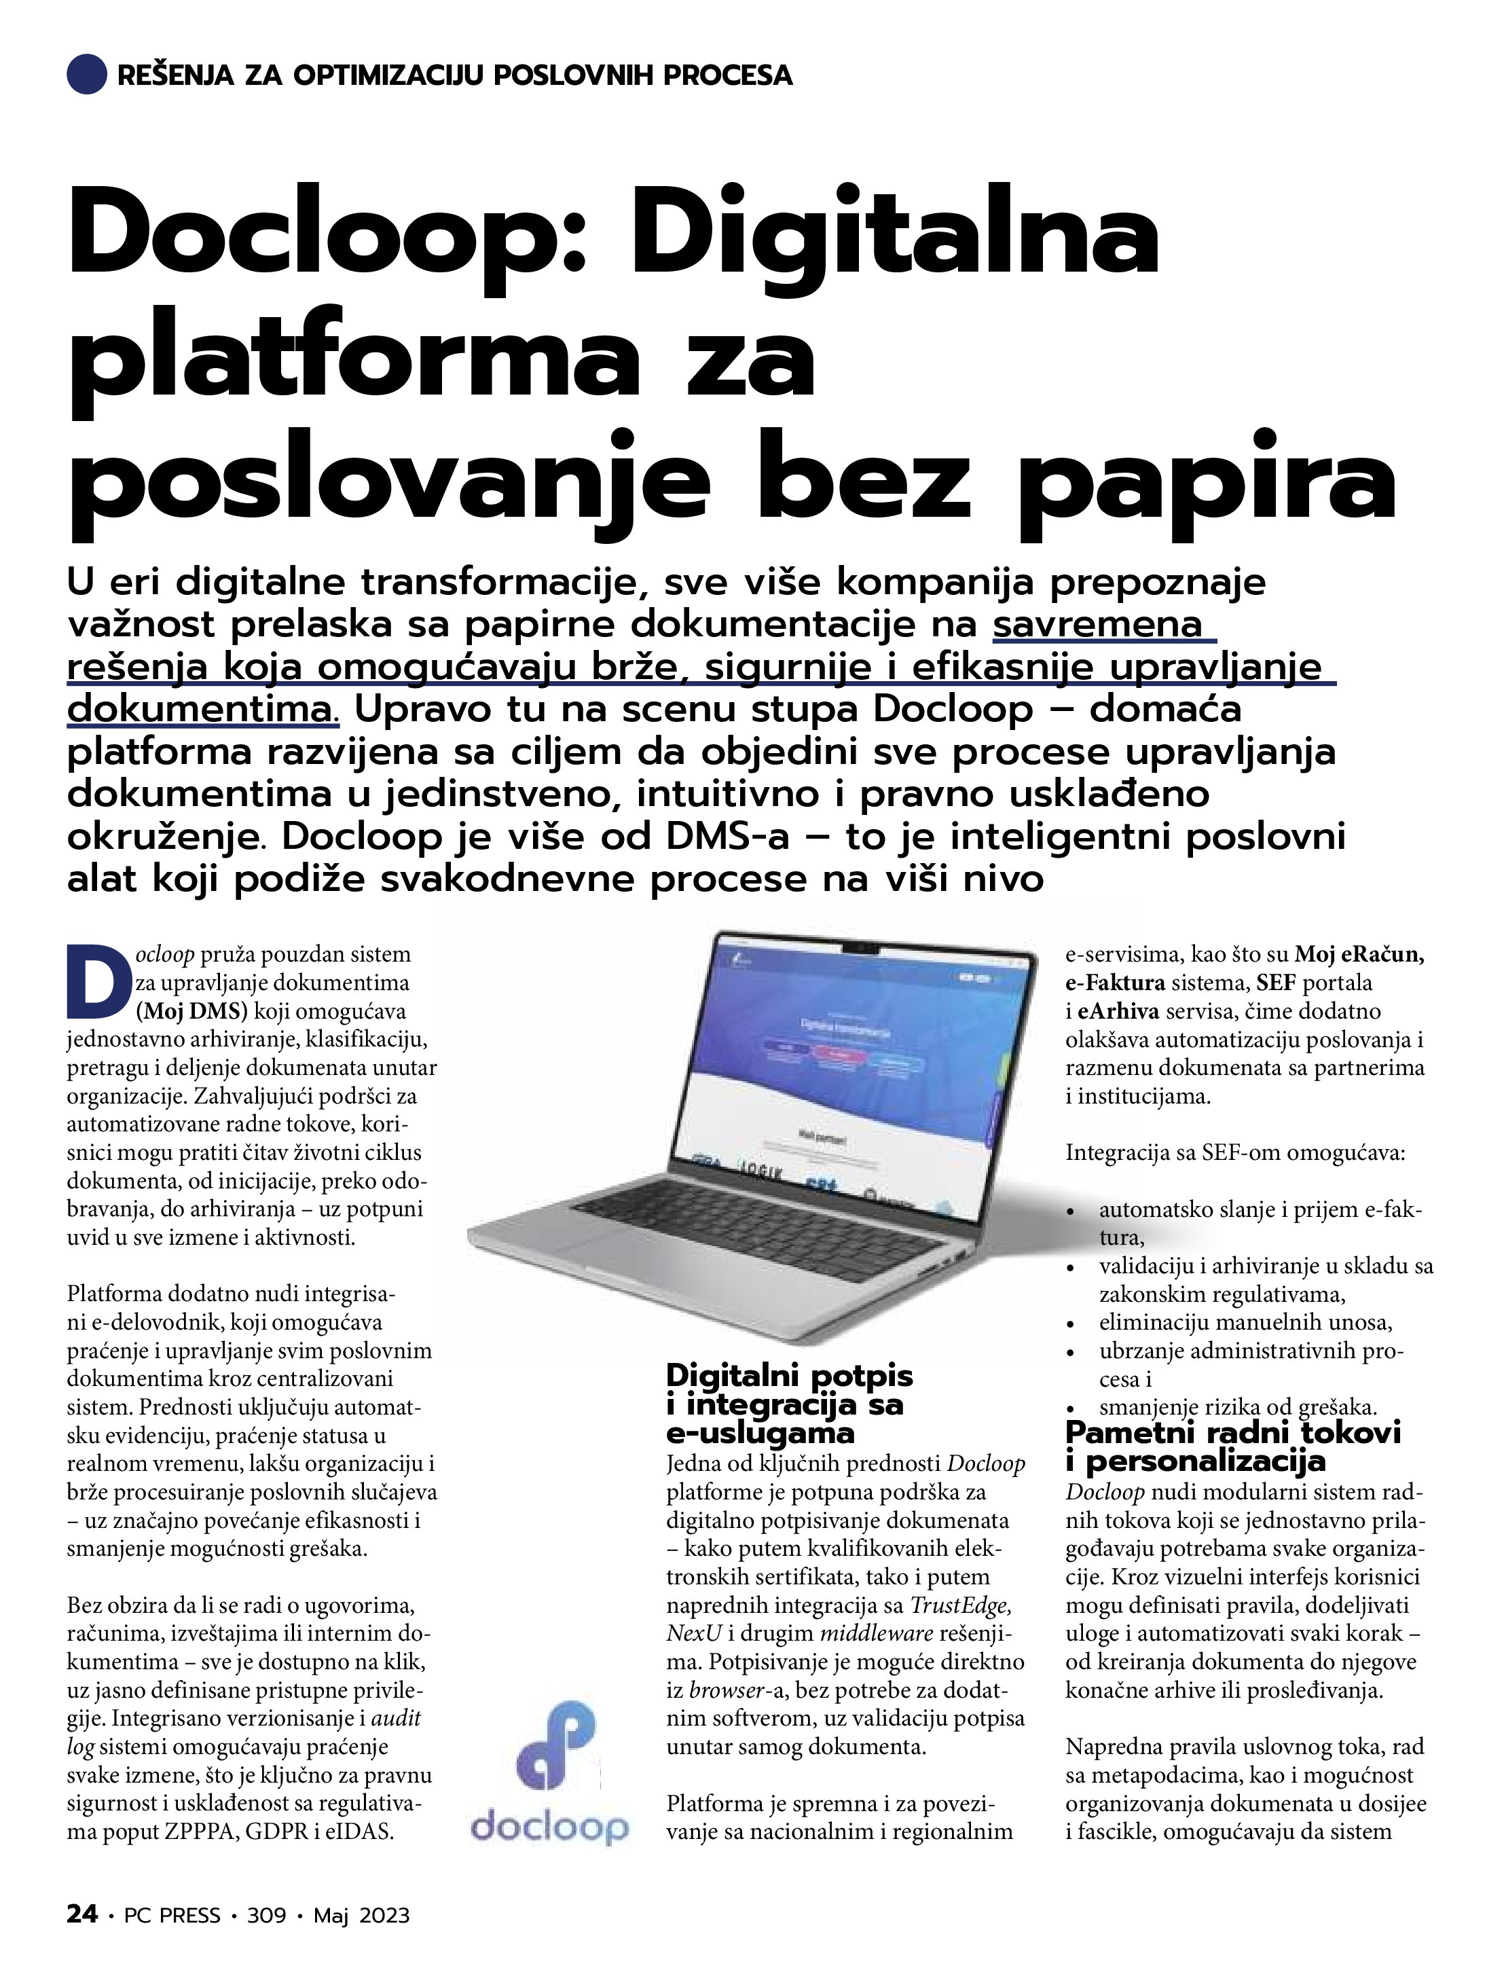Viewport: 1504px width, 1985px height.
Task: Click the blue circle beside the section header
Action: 87,73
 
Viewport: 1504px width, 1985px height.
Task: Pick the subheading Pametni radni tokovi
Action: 1232,1432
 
